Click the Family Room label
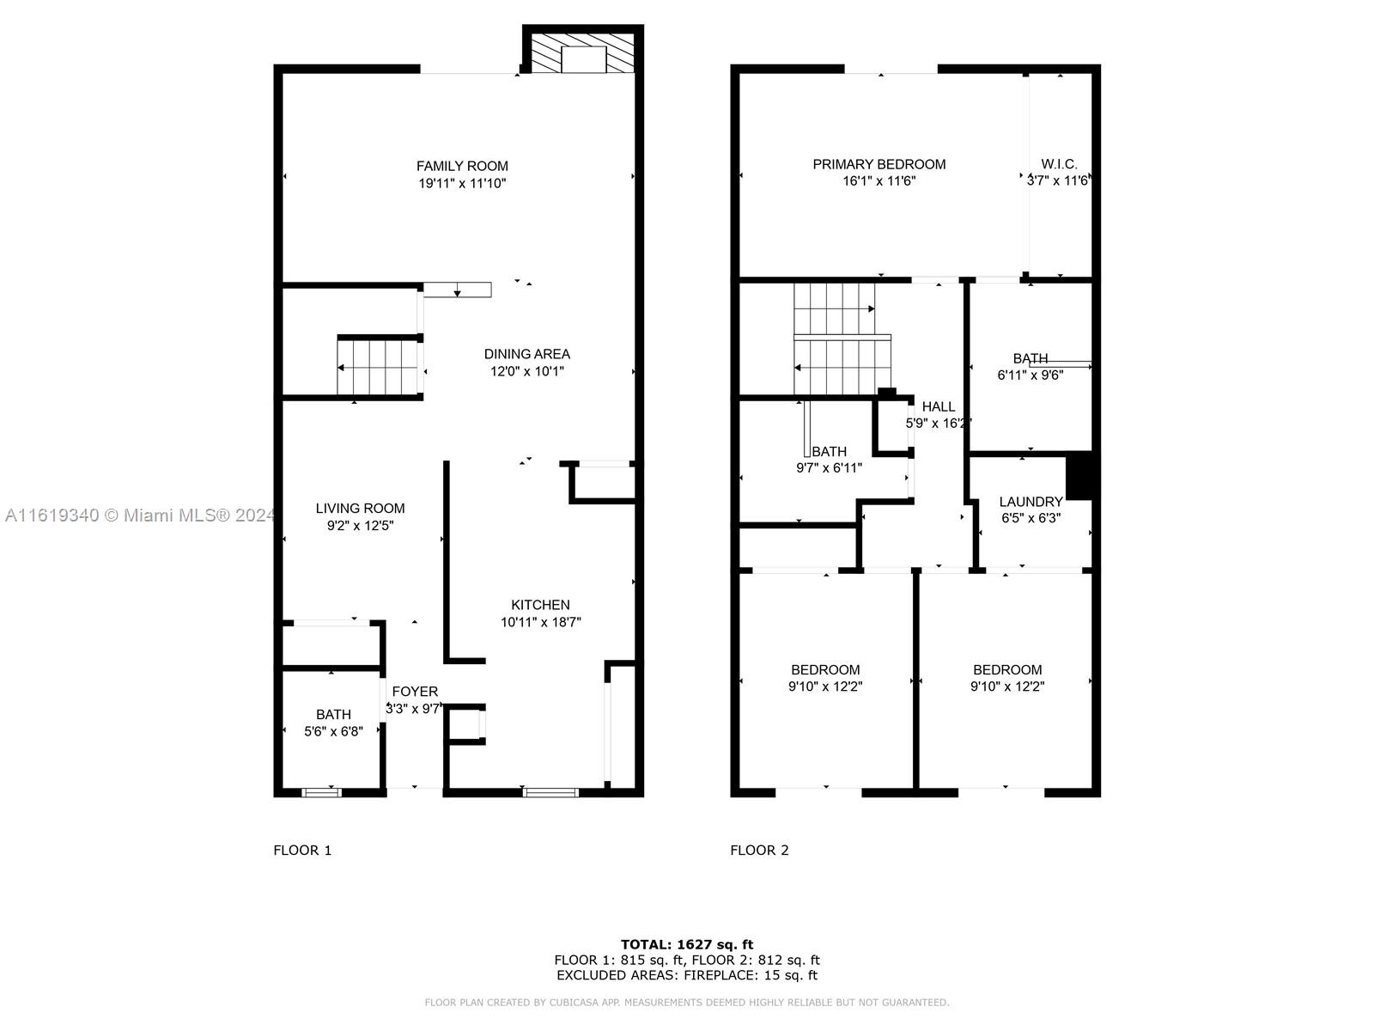462,166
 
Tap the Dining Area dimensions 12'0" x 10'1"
526,371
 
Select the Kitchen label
540,605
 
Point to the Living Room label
360,509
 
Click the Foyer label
415,691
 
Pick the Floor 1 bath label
333,714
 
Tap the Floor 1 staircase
378,368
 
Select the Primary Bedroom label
879,164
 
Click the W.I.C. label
1059,164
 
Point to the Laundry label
1030,502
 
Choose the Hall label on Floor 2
939,406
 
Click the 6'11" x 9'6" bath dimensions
1030,375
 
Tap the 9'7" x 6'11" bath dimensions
829,467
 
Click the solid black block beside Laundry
1079,476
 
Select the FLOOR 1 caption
302,850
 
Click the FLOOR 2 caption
759,850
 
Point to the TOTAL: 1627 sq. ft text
687,944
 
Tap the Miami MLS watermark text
140,515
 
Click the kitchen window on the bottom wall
550,792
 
